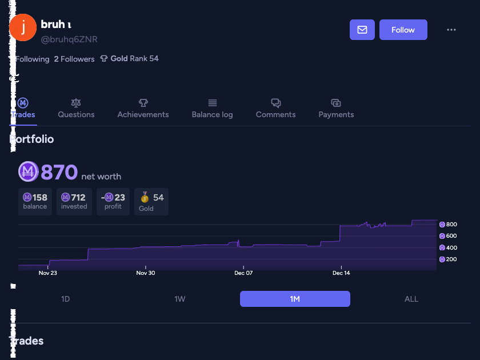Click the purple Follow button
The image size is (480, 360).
click(403, 30)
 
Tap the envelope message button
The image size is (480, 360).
click(362, 30)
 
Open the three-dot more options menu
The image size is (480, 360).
click(451, 30)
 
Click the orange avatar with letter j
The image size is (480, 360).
click(23, 27)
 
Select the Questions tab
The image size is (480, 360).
click(76, 108)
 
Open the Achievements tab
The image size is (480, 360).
click(143, 108)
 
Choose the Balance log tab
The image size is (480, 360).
click(212, 108)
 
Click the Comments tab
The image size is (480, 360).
click(275, 108)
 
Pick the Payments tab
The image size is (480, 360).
click(336, 108)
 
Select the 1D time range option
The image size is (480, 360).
click(66, 299)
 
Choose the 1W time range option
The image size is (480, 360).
click(180, 299)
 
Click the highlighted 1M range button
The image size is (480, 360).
click(295, 299)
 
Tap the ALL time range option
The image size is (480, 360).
click(411, 299)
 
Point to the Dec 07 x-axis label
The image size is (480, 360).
click(243, 273)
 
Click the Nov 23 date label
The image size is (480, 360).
click(48, 273)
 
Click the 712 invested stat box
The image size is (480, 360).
click(74, 201)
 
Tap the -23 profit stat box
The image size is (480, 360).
click(113, 201)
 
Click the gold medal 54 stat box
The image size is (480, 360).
click(151, 201)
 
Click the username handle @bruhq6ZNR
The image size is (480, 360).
click(69, 39)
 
